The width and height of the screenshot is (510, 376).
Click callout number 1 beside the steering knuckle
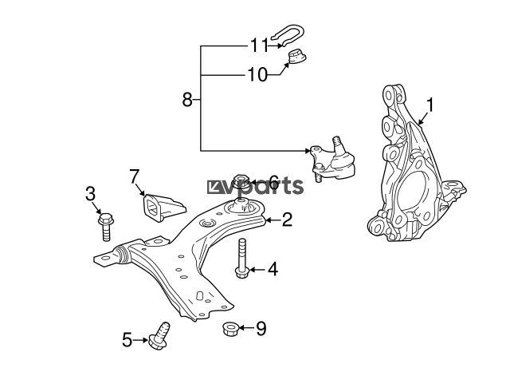pyautogui.click(x=430, y=105)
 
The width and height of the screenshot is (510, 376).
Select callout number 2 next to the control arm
pyautogui.click(x=287, y=220)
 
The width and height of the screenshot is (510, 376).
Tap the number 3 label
pyautogui.click(x=90, y=193)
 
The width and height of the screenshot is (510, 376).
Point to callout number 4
pyautogui.click(x=273, y=270)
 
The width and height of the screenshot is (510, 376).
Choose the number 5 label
pyautogui.click(x=127, y=340)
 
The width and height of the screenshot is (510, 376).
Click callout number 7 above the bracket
pyautogui.click(x=135, y=176)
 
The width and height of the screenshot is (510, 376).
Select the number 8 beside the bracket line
pyautogui.click(x=187, y=99)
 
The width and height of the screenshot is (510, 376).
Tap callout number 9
pyautogui.click(x=261, y=328)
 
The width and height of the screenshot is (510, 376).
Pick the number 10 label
pyautogui.click(x=257, y=74)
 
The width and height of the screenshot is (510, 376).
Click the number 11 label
pyautogui.click(x=259, y=46)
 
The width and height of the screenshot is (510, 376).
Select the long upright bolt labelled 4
pyautogui.click(x=241, y=259)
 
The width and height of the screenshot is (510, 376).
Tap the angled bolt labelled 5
pyautogui.click(x=159, y=336)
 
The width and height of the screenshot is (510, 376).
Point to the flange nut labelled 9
pyautogui.click(x=230, y=328)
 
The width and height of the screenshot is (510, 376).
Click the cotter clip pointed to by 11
pyautogui.click(x=288, y=35)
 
